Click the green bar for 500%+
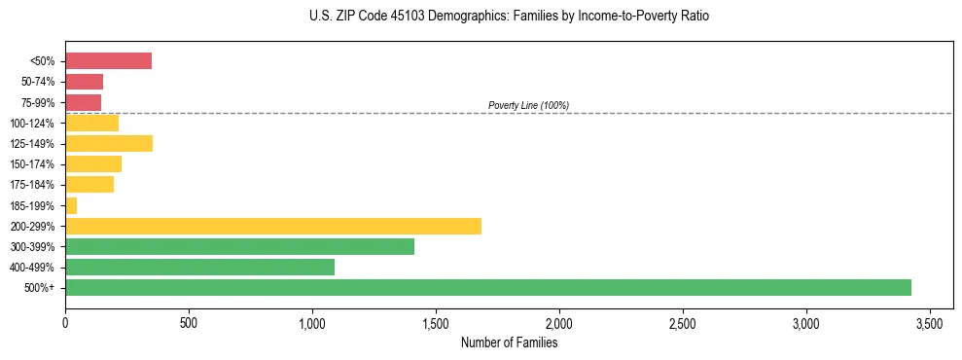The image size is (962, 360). click(487, 287)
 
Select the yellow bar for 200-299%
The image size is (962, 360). click(272, 226)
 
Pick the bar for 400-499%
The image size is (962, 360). click(199, 267)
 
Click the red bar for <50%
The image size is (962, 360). click(108, 61)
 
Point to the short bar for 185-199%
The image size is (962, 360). click(71, 205)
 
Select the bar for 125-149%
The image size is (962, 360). click(109, 144)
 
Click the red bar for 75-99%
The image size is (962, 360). click(83, 102)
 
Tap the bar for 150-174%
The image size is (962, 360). click(93, 164)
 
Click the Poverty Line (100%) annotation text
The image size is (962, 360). click(528, 105)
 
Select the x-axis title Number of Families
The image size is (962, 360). click(510, 342)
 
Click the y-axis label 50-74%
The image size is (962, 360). click(38, 82)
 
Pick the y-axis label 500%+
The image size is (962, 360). click(40, 288)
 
